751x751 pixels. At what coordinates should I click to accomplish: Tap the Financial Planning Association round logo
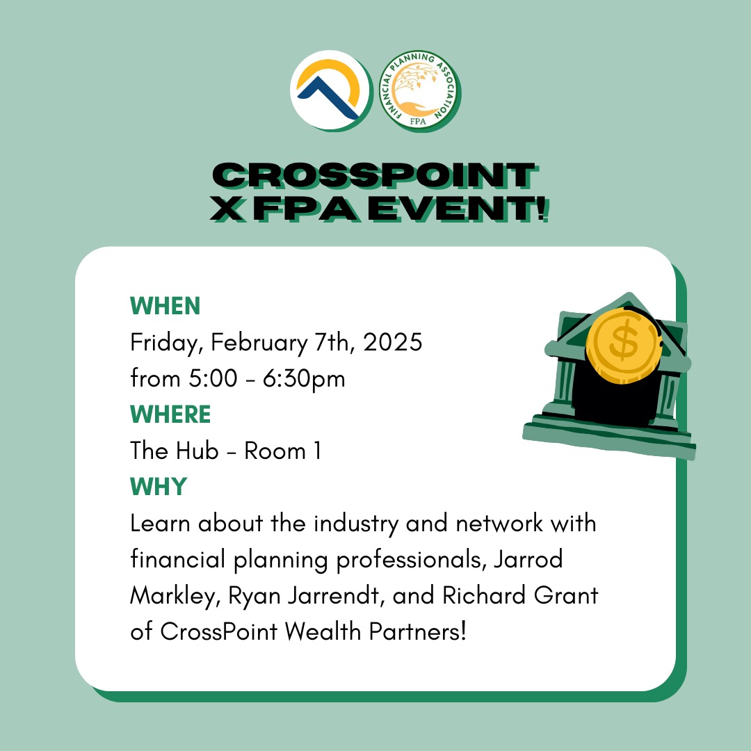(x=421, y=91)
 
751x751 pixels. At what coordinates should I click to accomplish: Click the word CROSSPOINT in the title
(x=375, y=175)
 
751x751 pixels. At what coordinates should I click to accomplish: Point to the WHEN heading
(x=165, y=306)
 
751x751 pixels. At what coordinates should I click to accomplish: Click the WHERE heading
(x=170, y=415)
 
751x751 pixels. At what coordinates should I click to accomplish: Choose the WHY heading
(x=159, y=487)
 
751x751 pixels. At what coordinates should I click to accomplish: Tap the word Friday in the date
(x=165, y=343)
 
